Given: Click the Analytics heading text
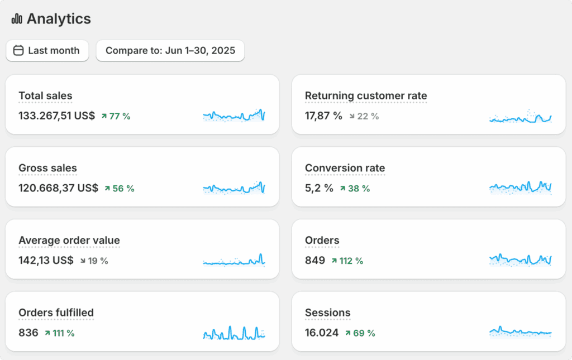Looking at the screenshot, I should [59, 19].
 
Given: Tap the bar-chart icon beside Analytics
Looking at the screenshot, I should [17, 19].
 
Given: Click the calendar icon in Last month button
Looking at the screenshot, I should [18, 51].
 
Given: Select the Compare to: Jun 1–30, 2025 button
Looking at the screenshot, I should [170, 51].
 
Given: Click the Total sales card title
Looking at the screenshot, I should [45, 96].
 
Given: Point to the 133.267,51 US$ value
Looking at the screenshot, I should [56, 116].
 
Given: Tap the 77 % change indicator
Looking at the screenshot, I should [116, 116].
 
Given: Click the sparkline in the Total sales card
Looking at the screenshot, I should [233, 116].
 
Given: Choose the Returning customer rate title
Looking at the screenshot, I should [366, 96].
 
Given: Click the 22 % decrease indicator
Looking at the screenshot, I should [364, 116].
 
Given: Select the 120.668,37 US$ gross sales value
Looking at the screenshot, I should [58, 189].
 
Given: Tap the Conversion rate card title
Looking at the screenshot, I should [345, 169].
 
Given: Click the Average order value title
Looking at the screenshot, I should [69, 241].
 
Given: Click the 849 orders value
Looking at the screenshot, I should [315, 261].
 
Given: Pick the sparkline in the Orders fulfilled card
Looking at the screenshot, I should [233, 333].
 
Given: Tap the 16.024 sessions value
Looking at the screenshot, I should [322, 333].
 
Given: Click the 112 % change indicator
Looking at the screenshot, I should [347, 261].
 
